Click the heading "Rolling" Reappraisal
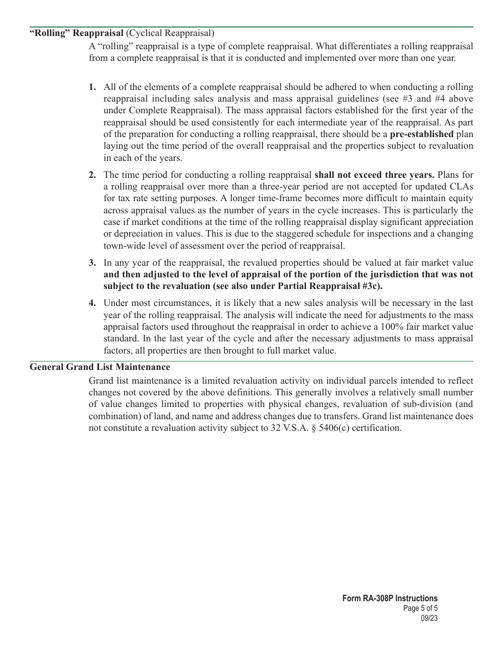76,33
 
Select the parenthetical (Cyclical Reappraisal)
170,33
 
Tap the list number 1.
93,87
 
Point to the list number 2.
93,175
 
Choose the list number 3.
93,263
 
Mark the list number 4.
93,303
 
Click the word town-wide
125,246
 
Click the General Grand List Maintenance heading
100,367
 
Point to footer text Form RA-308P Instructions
390,599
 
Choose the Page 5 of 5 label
420,608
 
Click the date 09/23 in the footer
429,618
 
